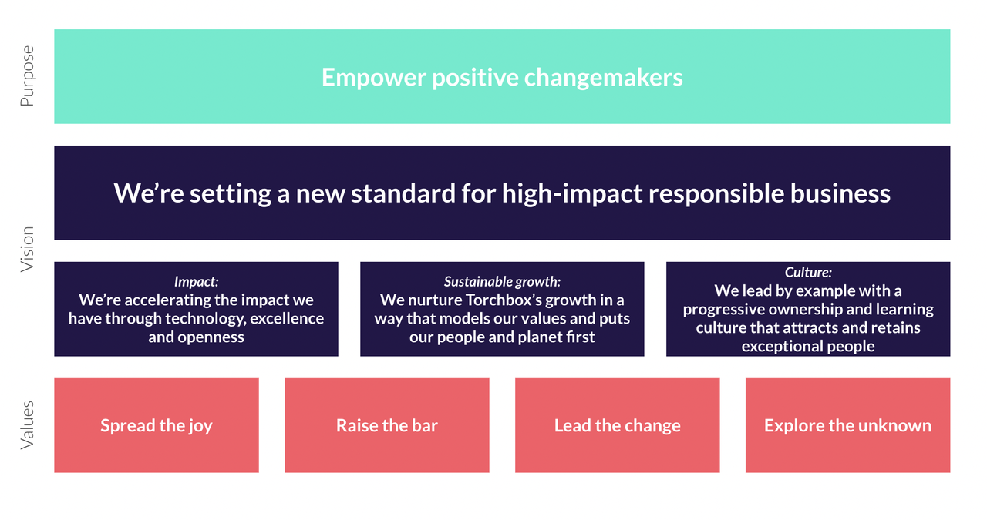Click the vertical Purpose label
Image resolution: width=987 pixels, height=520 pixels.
pos(27,76)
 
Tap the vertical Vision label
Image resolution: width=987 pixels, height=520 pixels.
pos(27,249)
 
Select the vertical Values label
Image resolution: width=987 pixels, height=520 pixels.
pos(27,425)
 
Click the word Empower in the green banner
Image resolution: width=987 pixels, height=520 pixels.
pos(374,78)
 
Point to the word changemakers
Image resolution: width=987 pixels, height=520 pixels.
pos(603,78)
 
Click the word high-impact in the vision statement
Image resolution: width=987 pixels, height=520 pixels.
pos(572,193)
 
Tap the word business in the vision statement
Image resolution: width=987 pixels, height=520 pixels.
pos(840,193)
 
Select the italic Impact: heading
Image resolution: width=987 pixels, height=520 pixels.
pos(196,282)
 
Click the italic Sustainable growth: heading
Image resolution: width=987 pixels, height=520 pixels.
pos(502,282)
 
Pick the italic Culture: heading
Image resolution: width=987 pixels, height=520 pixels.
pos(808,273)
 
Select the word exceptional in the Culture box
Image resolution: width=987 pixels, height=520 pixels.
pos(780,347)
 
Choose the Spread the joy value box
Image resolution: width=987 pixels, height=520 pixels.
pos(157,425)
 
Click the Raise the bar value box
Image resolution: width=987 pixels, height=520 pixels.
pos(387,425)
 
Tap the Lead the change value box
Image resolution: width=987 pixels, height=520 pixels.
pos(618,425)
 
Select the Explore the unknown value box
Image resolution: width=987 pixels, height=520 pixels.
pos(847,425)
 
